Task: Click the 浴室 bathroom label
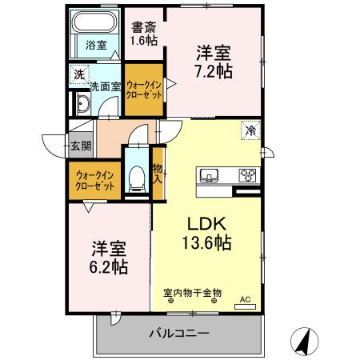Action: [x=96, y=46]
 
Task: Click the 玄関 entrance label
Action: [x=80, y=146]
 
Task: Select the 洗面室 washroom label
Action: [x=105, y=86]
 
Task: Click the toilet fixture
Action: [x=137, y=174]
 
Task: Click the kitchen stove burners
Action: [x=246, y=176]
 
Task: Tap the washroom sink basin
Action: [x=82, y=104]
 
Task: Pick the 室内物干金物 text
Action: [x=192, y=293]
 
